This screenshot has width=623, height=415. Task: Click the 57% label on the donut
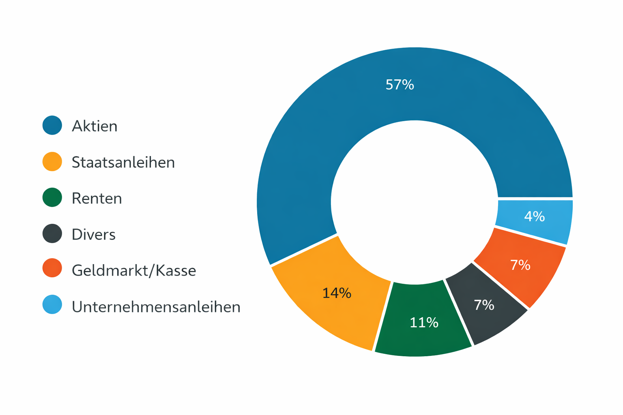(x=400, y=85)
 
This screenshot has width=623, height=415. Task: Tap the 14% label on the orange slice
(x=337, y=293)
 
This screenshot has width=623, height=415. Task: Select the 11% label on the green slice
(x=424, y=323)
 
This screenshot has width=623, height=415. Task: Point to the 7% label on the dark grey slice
(x=484, y=305)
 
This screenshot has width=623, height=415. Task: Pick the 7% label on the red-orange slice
(x=520, y=265)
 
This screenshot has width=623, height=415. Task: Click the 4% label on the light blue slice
(x=534, y=216)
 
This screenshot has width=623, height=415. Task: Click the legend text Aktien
(x=95, y=126)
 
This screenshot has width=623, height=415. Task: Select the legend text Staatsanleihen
(x=123, y=163)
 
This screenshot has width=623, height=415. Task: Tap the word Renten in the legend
(x=97, y=199)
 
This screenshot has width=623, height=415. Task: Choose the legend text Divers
(x=94, y=235)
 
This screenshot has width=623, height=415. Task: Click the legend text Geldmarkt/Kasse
(x=134, y=271)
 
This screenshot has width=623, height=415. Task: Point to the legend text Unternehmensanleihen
(x=156, y=307)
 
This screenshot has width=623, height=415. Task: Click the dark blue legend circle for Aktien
(x=52, y=125)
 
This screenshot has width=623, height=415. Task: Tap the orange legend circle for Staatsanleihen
(x=52, y=161)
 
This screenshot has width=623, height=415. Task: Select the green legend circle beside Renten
(x=52, y=197)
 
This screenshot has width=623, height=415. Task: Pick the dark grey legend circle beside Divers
(x=52, y=233)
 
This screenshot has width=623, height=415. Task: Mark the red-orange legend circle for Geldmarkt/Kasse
(x=52, y=268)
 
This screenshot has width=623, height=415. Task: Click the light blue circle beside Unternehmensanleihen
(x=52, y=305)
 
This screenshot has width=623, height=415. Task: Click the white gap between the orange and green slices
(x=382, y=316)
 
